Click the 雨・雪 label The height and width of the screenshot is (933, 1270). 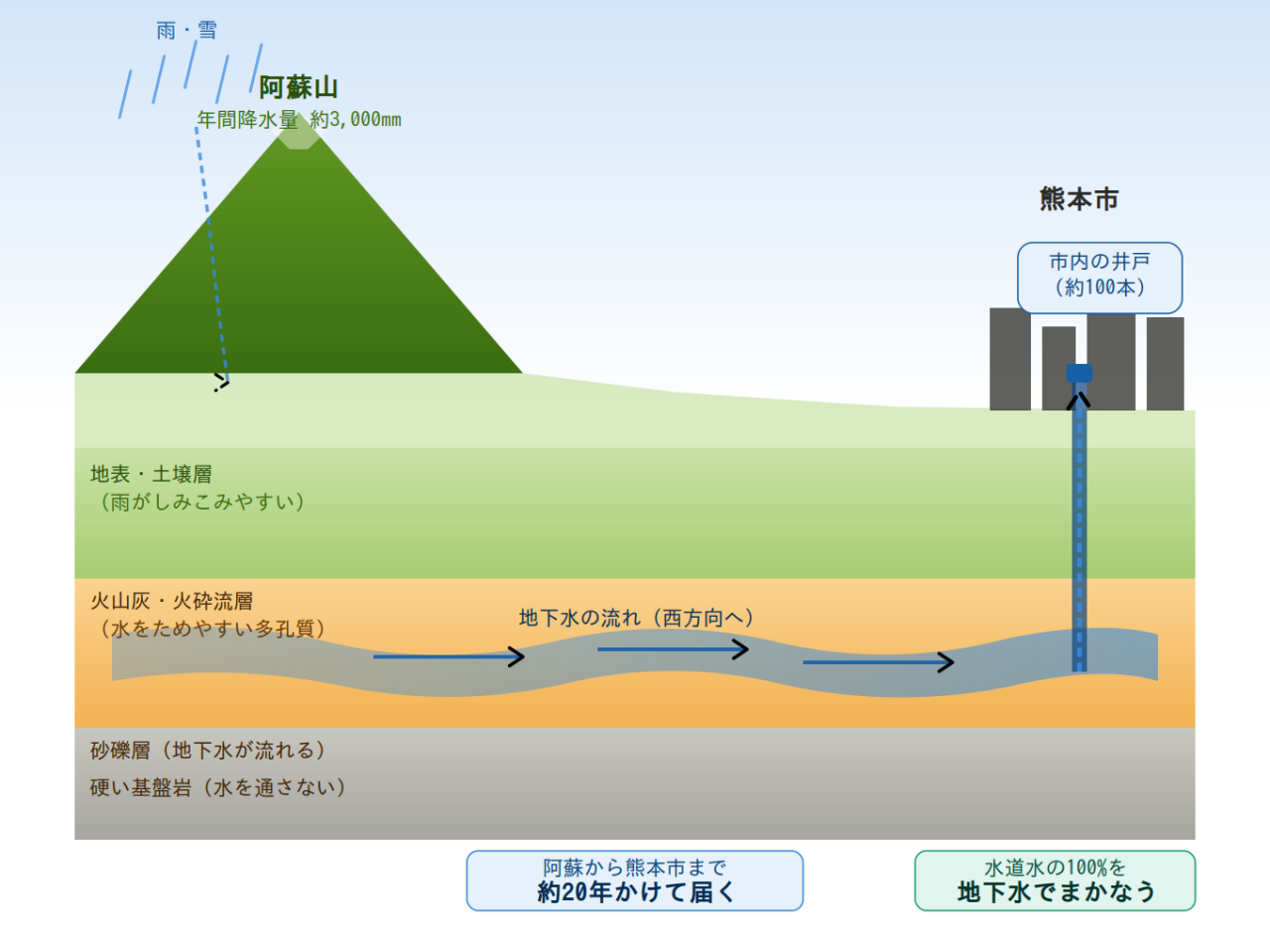tap(187, 31)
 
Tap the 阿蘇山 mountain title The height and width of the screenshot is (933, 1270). tap(299, 88)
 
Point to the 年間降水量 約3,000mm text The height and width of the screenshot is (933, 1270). tap(299, 120)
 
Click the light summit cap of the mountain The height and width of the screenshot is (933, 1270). tap(298, 137)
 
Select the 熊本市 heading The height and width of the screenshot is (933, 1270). tap(1079, 199)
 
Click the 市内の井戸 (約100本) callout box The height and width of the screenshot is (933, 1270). tap(1099, 277)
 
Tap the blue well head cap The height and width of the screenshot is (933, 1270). tap(1079, 374)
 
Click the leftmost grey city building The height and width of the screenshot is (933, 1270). tap(1010, 359)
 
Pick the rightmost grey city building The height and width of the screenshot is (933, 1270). tap(1165, 363)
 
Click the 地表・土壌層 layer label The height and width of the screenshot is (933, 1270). tap(151, 474)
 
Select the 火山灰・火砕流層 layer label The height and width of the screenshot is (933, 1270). tap(172, 601)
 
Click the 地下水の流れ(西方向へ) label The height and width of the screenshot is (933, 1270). tap(637, 618)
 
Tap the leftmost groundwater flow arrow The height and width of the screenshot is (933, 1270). tap(447, 656)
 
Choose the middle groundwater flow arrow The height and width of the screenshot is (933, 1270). tap(672, 649)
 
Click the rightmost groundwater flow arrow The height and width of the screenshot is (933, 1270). tap(878, 662)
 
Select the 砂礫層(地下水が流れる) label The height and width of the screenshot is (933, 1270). tap(207, 750)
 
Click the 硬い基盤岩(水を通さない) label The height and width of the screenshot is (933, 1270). tap(218, 788)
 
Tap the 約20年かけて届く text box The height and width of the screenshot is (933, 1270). tap(634, 879)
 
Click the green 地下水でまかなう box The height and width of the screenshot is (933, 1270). tap(1055, 879)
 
